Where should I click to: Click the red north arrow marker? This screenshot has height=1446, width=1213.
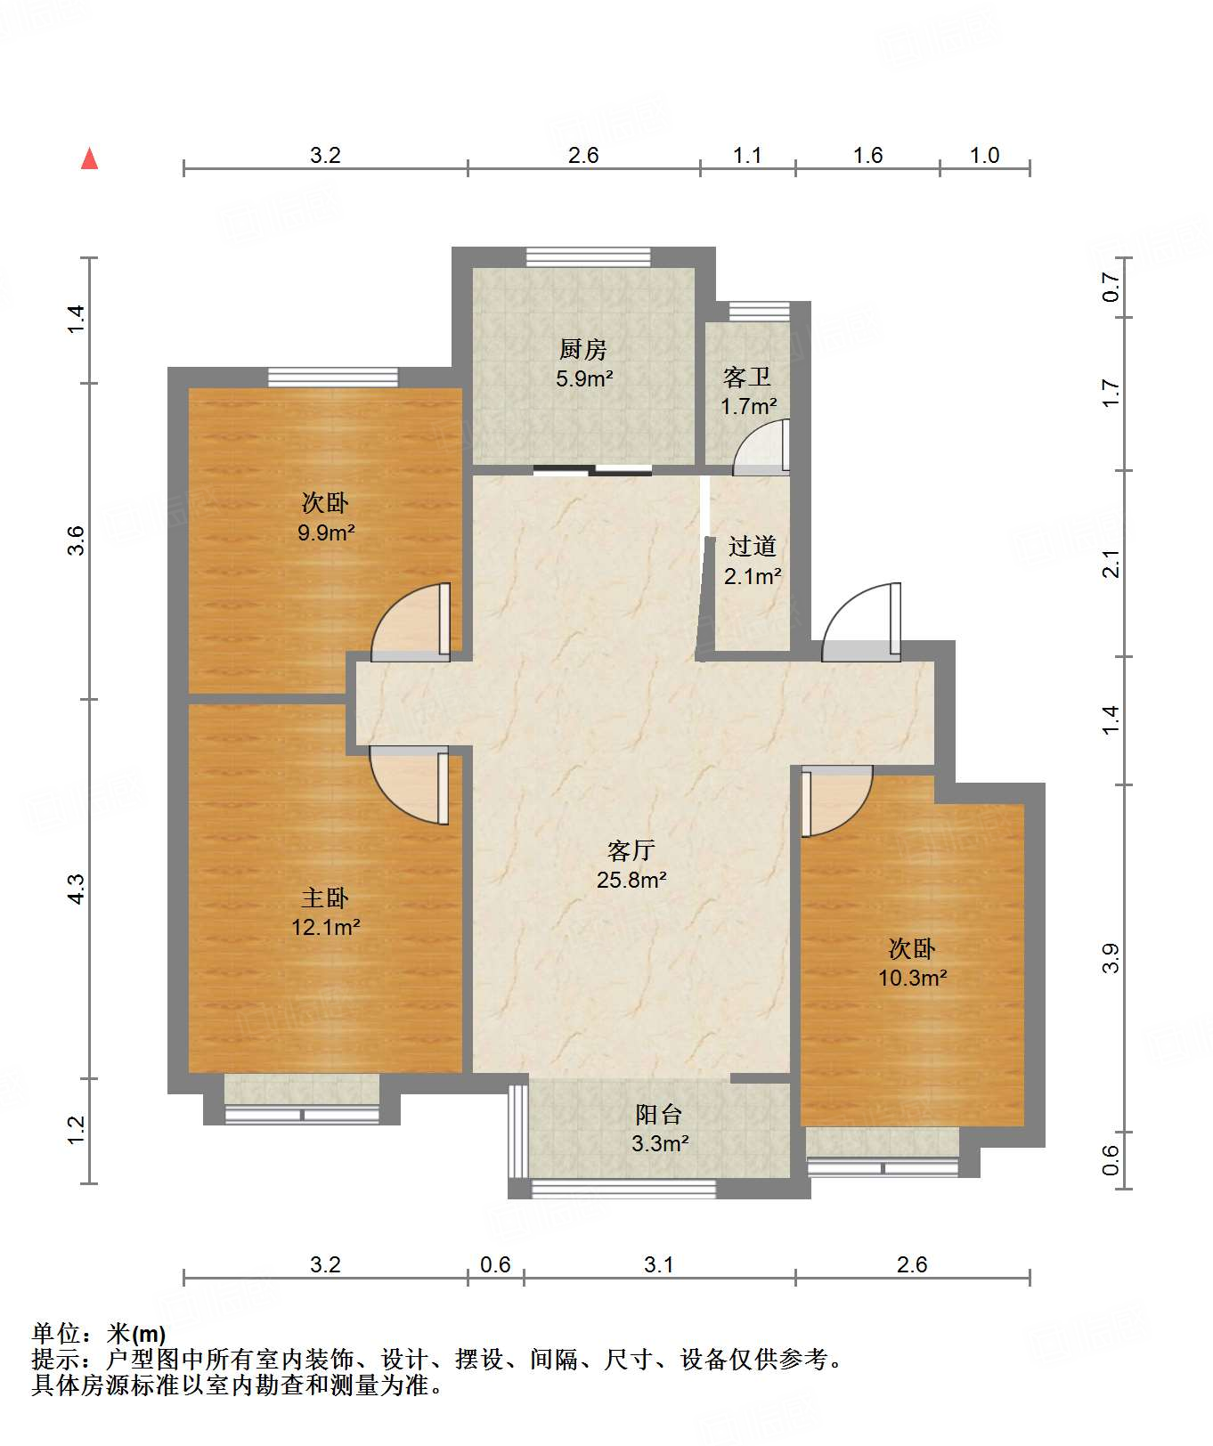pyautogui.click(x=89, y=158)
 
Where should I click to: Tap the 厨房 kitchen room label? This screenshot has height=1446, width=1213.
pyautogui.click(x=583, y=349)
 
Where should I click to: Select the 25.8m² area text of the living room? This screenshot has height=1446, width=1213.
pyautogui.click(x=631, y=881)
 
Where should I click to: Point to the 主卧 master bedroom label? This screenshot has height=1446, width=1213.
pyautogui.click(x=325, y=898)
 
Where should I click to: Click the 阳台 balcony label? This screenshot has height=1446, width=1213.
pyautogui.click(x=659, y=1114)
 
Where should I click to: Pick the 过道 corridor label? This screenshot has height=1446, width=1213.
pyautogui.click(x=753, y=546)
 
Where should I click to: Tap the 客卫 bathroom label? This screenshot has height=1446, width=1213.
pyautogui.click(x=746, y=378)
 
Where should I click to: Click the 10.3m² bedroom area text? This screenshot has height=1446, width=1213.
pyautogui.click(x=912, y=978)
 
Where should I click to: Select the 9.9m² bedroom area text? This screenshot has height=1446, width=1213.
pyautogui.click(x=326, y=533)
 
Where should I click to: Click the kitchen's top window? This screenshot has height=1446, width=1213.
pyautogui.click(x=588, y=257)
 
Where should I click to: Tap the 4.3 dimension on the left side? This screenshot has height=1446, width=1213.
pyautogui.click(x=77, y=890)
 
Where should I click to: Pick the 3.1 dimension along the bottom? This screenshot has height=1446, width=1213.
pyautogui.click(x=659, y=1264)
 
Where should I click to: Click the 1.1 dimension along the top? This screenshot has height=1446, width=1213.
pyautogui.click(x=747, y=156)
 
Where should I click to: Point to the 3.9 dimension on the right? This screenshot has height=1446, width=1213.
pyautogui.click(x=1111, y=958)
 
